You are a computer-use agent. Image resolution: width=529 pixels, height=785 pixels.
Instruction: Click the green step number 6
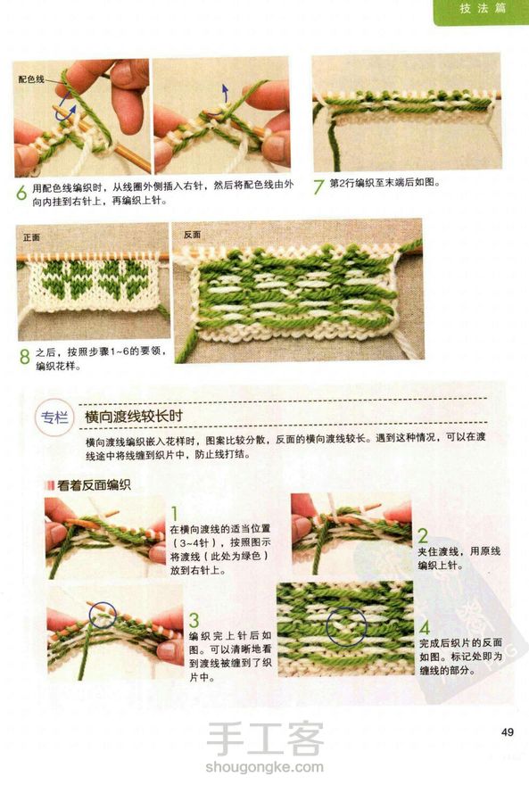[21, 193]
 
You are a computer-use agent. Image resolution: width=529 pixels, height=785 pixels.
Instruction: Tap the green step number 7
[318, 186]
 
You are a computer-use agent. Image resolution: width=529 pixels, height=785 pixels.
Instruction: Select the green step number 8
[25, 357]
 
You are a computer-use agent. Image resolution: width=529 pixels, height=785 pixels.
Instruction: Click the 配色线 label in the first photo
[31, 79]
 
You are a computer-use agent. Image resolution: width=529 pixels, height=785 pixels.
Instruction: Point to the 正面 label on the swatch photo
[31, 237]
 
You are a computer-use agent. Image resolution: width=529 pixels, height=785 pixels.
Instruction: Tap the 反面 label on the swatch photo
[192, 235]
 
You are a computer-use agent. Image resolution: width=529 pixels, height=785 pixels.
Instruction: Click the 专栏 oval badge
[54, 417]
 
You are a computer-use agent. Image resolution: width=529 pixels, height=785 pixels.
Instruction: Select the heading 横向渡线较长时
[134, 417]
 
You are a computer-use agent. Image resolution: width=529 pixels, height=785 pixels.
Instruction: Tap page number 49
[507, 732]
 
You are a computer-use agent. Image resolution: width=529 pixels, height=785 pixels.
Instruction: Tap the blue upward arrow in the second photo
[225, 93]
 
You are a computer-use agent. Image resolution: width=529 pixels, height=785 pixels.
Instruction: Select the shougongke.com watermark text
[265, 766]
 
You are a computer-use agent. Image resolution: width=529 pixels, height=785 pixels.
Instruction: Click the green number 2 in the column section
[423, 536]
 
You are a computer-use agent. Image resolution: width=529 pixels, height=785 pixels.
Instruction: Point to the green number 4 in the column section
[425, 627]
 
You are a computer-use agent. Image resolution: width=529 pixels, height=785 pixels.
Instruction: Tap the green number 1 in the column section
[175, 514]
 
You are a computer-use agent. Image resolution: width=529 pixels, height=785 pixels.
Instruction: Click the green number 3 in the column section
[194, 620]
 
